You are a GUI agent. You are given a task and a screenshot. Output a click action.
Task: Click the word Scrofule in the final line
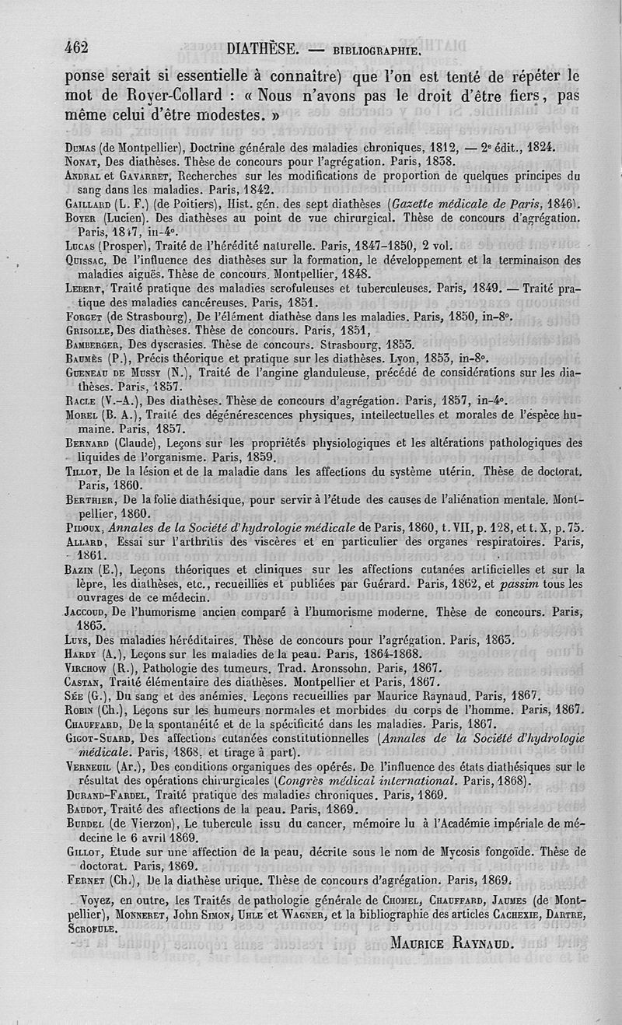click(x=90, y=929)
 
